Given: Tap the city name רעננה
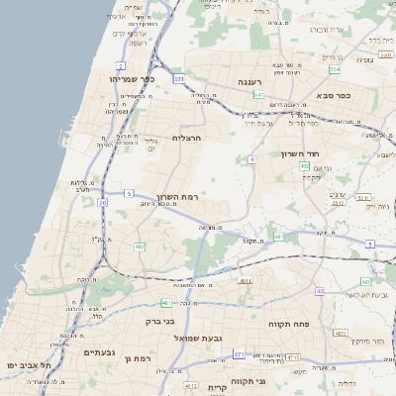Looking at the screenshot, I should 248,82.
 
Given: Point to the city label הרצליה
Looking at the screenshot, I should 186,138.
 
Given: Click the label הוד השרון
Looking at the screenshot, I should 324,154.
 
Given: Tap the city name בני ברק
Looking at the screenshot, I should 159,321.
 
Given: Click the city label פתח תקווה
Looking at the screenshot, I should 290,323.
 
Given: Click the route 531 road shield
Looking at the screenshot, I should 179,78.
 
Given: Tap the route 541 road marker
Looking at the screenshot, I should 257,94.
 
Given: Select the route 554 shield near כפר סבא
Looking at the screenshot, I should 335,70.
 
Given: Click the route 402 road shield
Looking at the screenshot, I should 303,166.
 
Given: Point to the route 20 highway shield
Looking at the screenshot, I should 102,202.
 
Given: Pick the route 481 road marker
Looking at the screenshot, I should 165,303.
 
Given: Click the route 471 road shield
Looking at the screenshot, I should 239,353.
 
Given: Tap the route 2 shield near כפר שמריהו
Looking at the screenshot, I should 121,65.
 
